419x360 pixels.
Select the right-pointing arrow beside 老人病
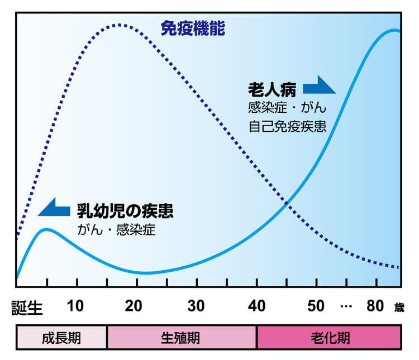[x=319, y=87]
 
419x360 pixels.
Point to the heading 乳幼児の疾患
[x=125, y=210]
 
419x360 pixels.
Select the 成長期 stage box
[x=61, y=338]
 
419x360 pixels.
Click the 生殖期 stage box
[x=181, y=338]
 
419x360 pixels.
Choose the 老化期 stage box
[x=329, y=338]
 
